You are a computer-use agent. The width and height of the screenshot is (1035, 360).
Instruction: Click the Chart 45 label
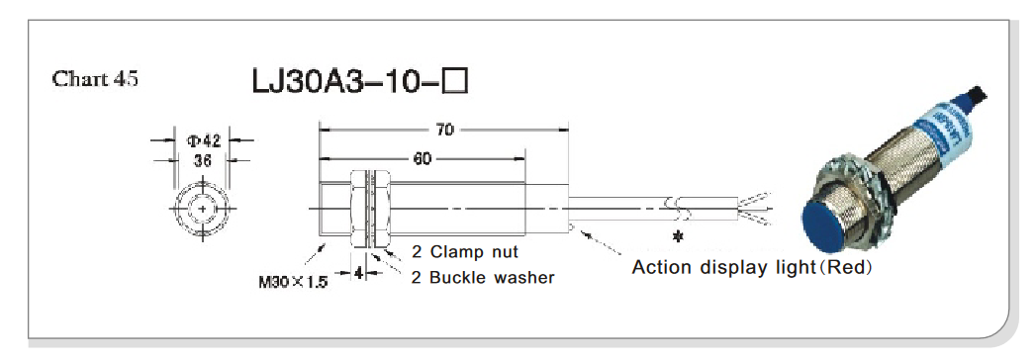[x=95, y=79]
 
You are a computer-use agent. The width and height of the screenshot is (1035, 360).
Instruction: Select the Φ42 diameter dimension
[x=203, y=140]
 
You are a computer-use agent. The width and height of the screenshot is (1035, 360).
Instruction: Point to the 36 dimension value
[x=203, y=160]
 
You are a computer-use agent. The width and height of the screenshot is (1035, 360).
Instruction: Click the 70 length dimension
[x=445, y=130]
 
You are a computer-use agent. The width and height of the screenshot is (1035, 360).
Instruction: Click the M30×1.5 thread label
[x=293, y=282]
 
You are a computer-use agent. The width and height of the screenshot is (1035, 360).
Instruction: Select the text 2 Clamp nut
[x=465, y=251]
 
